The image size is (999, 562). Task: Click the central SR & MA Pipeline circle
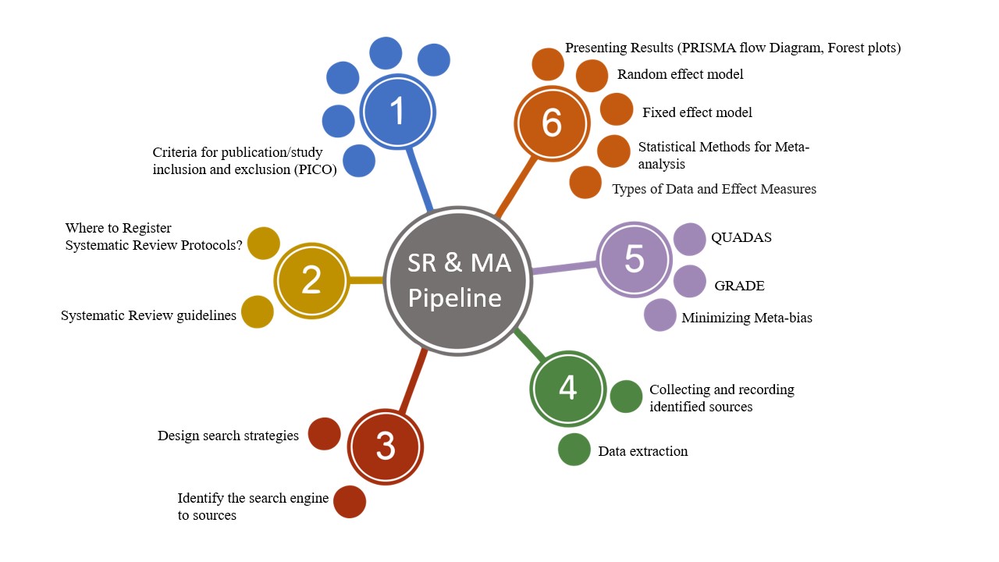(459, 281)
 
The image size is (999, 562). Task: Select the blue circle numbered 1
(397, 112)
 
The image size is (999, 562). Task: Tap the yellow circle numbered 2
(311, 280)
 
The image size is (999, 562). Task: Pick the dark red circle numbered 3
(385, 446)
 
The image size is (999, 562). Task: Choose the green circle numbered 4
(567, 388)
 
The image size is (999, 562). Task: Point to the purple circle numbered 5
(634, 259)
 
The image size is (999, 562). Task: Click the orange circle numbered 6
(551, 123)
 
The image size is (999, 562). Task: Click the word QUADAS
(741, 237)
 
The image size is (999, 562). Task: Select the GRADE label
(739, 286)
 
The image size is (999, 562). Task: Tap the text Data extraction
(642, 451)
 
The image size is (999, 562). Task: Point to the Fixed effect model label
(697, 112)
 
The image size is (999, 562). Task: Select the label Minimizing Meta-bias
(746, 318)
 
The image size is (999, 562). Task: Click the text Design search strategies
(228, 436)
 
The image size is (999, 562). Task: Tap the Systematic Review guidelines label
(148, 316)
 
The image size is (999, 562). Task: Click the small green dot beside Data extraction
(574, 450)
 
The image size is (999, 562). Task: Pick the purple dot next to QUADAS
(689, 239)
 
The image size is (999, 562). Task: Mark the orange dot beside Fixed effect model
(617, 109)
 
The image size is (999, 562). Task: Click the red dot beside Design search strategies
(325, 434)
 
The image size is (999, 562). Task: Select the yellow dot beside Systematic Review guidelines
(258, 312)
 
